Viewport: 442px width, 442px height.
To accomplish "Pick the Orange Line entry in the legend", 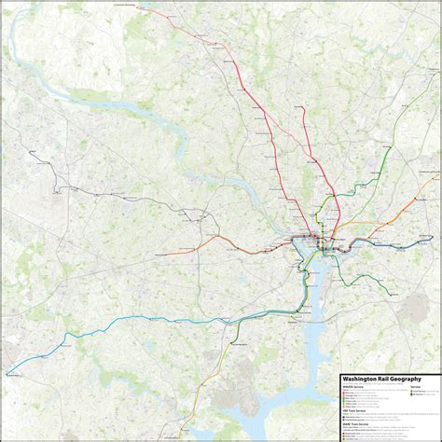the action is (x=351, y=394).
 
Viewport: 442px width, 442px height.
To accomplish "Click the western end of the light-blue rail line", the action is (x=8, y=374).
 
